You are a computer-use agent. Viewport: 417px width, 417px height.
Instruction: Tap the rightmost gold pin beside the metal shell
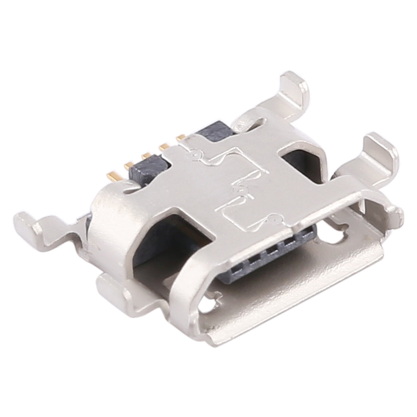click(x=181, y=136)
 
